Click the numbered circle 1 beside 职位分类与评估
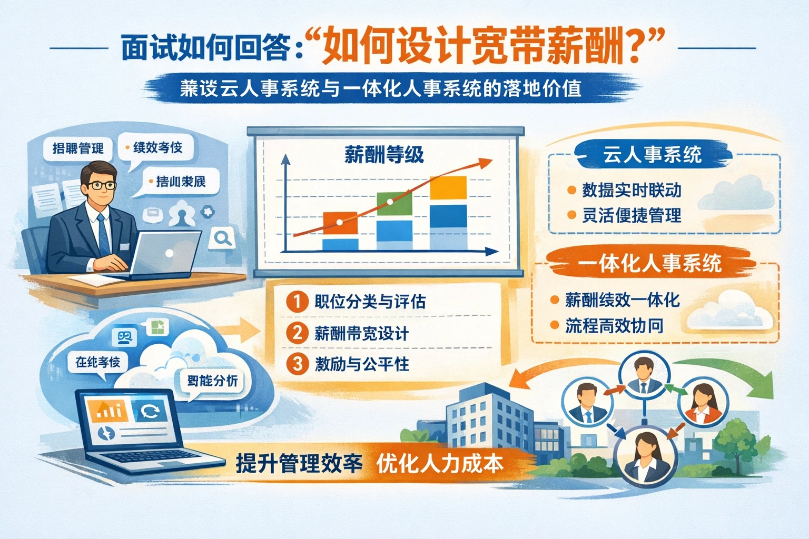[x=297, y=302]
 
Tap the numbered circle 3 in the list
[x=297, y=364]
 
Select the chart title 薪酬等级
[x=384, y=155]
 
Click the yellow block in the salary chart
[x=448, y=188]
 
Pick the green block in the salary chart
[x=394, y=204]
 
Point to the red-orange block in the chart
[x=340, y=223]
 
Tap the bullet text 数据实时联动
[x=632, y=190]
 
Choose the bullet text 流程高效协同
[x=614, y=326]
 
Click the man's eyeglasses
[x=101, y=185]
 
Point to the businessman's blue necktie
[x=103, y=234]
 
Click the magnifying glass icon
[x=222, y=238]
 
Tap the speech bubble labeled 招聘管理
[x=78, y=148]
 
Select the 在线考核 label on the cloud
[x=97, y=362]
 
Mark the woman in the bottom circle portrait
[x=644, y=457]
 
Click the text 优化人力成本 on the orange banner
[x=440, y=463]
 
